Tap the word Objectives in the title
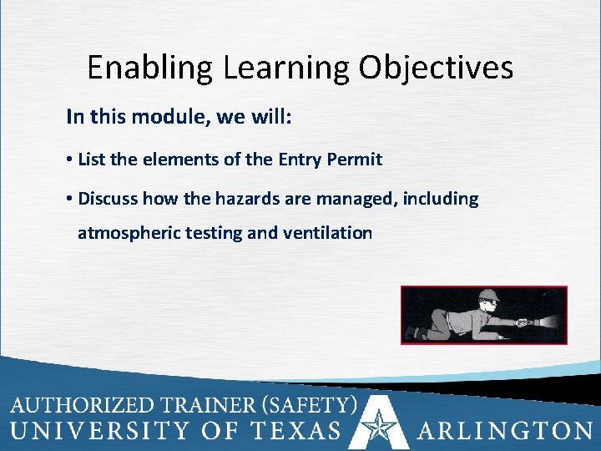point(437,68)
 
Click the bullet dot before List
point(70,160)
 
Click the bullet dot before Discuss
point(70,200)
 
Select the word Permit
point(356,159)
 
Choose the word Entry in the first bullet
point(303,159)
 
